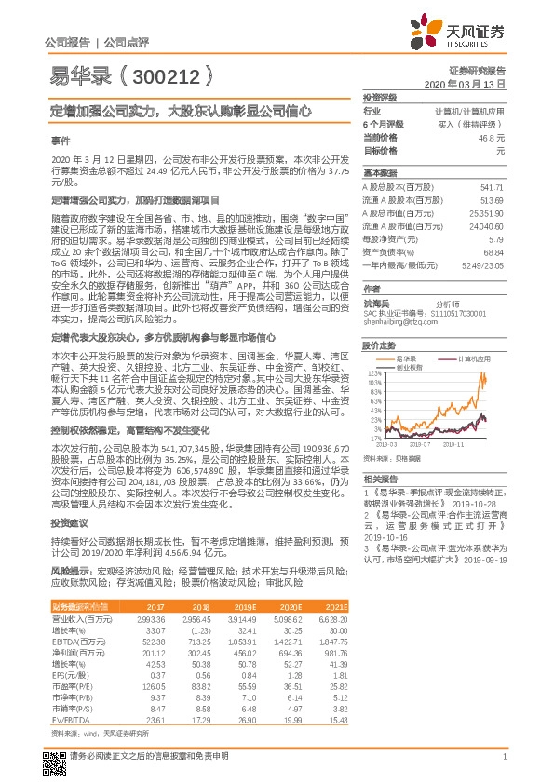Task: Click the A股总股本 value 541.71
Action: click(491, 187)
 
